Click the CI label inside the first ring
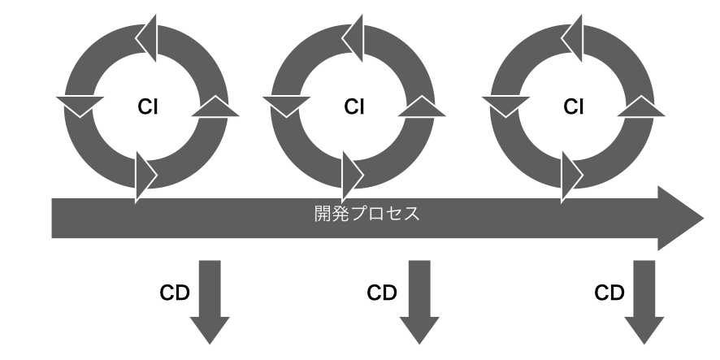click(147, 106)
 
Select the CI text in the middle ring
click(353, 106)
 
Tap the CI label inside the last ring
click(574, 106)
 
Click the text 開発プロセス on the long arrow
click(367, 214)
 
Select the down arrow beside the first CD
click(210, 302)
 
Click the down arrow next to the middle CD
click(419, 302)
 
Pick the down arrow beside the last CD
click(644, 302)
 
